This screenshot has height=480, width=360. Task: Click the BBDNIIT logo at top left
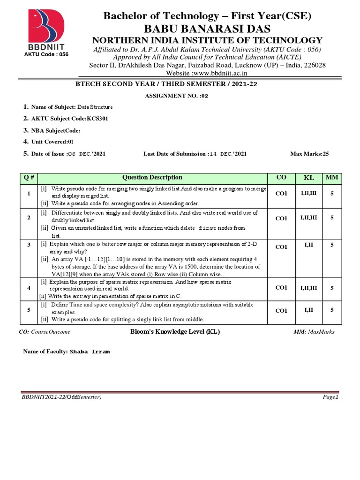46,31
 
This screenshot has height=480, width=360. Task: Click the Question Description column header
152,178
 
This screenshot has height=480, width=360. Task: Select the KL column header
309,178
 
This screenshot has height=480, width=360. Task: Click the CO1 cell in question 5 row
281,310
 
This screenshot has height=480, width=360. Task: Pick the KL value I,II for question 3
309,245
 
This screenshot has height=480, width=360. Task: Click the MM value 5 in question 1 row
332,193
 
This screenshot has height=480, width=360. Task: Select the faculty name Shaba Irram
90,351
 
